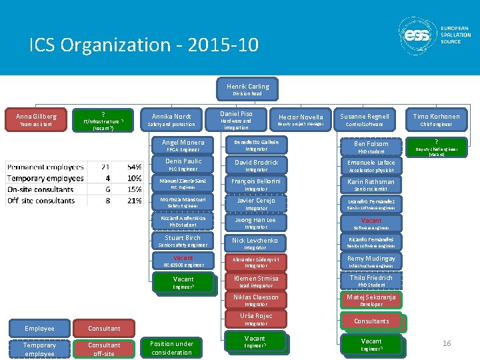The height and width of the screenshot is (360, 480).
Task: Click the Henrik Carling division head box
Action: pos(247,88)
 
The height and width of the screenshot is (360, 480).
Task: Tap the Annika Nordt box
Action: pos(171,119)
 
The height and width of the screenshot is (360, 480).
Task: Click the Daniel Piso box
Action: pos(237,119)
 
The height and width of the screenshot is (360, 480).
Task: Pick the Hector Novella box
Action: pos(300,119)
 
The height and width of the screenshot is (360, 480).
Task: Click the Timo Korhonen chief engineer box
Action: pos(436,119)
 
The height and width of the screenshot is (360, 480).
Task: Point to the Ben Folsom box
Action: pos(371,145)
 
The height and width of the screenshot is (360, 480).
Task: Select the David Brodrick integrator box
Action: pos(256,165)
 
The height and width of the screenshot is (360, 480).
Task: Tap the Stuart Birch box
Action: pos(183,240)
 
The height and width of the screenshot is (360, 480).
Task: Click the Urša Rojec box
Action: pos(256,318)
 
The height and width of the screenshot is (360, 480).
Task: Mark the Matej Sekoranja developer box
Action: pos(371,299)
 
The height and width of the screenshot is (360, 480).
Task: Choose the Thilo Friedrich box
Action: pos(371,280)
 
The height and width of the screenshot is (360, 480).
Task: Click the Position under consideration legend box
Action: pos(171,348)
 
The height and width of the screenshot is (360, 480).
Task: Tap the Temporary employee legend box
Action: pos(39,348)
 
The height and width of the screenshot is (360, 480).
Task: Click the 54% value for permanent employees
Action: pos(134,166)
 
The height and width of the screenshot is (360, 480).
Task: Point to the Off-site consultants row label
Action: pos(41,200)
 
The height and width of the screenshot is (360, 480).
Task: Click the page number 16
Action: pos(447,343)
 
